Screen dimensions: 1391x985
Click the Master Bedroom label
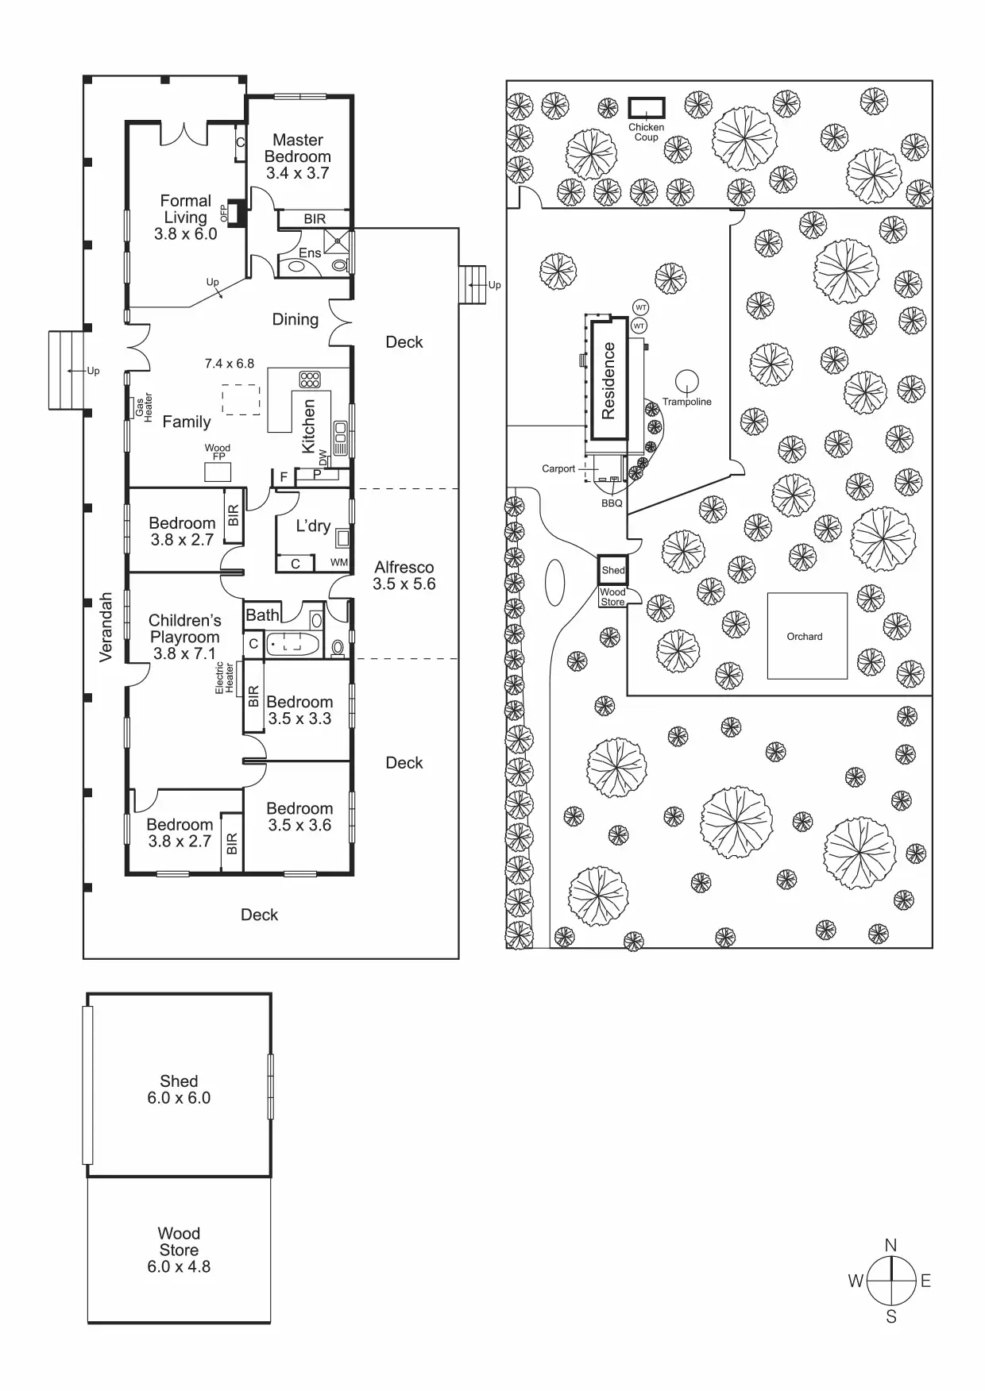298,156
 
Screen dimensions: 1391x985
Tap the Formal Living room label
186,217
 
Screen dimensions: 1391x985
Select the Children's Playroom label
184,637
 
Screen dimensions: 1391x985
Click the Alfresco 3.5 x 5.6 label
404,576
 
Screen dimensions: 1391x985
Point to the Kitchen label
309,426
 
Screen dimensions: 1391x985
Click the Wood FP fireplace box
218,472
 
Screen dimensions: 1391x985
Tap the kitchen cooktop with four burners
310,379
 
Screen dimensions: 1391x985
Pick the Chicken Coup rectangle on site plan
647,107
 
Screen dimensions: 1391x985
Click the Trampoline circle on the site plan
686,381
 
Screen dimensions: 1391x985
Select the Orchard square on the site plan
806,636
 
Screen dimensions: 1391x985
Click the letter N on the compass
890,1245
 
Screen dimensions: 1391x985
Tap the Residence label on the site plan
609,380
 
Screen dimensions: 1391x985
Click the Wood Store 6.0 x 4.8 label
179,1250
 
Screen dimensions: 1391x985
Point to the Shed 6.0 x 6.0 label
179,1089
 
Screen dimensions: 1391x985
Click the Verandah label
106,627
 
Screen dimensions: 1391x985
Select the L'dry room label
313,526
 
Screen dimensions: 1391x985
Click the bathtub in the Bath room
292,644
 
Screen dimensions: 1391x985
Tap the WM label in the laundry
339,562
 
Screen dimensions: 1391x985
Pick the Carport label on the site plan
558,468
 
